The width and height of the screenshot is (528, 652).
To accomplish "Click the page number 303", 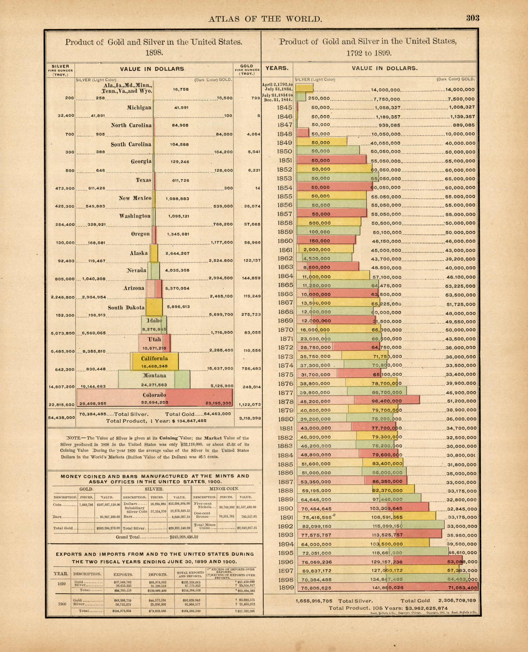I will tap(473, 18).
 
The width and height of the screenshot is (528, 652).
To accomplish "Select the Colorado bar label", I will tap(154, 395).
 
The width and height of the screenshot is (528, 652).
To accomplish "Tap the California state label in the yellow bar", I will tap(154, 359).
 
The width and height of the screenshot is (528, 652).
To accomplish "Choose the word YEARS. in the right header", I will tap(277, 68).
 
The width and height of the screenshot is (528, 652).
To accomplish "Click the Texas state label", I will tap(144, 180).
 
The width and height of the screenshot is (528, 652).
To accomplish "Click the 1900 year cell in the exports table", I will tap(62, 604).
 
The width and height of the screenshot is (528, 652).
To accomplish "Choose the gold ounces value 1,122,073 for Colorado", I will tap(250, 404).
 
